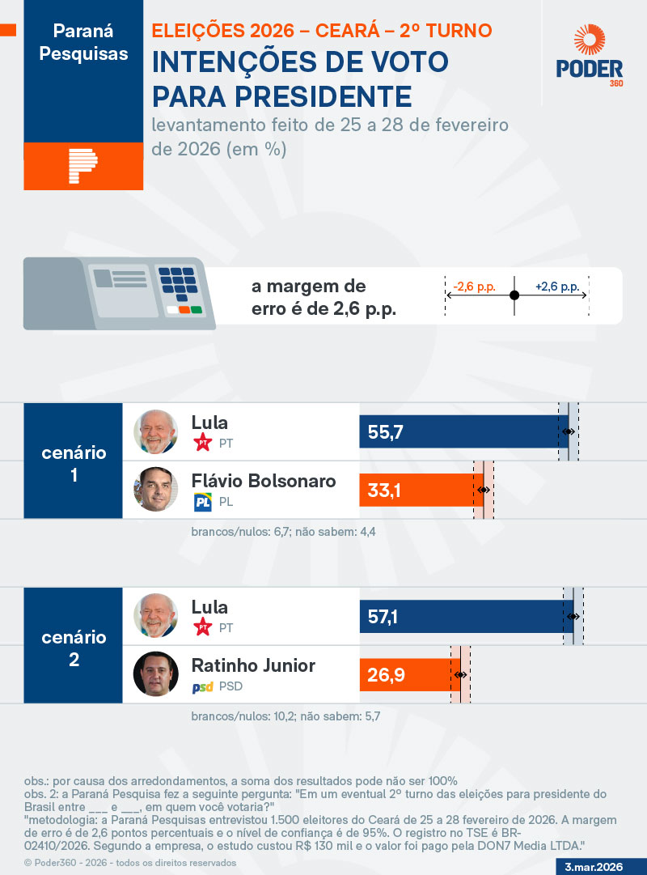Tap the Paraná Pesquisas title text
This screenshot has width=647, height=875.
pyautogui.click(x=83, y=43)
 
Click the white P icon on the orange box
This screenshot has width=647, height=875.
pyautogui.click(x=83, y=166)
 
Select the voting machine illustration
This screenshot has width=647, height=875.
pyautogui.click(x=120, y=293)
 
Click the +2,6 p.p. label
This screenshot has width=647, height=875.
pyautogui.click(x=556, y=287)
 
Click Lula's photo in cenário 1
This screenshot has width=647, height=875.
pyautogui.click(x=156, y=431)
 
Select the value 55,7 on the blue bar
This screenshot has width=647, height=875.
pyautogui.click(x=385, y=432)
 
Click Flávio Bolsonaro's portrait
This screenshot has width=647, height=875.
pyautogui.click(x=156, y=489)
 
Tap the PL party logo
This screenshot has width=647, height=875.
pyautogui.click(x=202, y=503)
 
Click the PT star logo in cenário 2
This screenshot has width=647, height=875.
pyautogui.click(x=202, y=627)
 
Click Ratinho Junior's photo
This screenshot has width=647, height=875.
pyautogui.click(x=156, y=673)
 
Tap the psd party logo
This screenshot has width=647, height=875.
pyautogui.click(x=202, y=687)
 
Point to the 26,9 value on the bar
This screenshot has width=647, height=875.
pyautogui.click(x=385, y=674)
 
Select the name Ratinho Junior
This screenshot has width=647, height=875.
pyautogui.click(x=253, y=665)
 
